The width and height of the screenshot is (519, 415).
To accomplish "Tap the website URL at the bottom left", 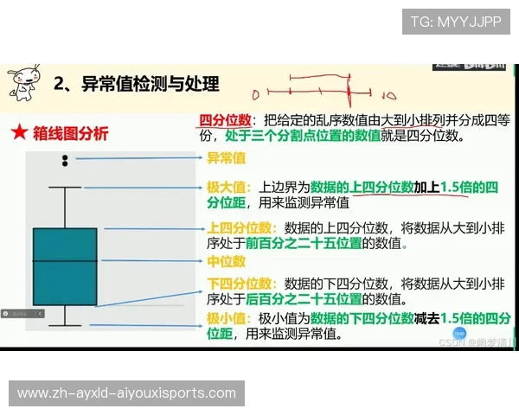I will click(x=126, y=393).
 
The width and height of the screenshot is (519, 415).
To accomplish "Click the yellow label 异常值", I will click(x=226, y=158).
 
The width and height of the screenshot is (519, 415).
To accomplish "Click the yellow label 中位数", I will click(x=226, y=260).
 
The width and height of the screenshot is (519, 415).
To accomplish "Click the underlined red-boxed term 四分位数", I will click(x=225, y=120).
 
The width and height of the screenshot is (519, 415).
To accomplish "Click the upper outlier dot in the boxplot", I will click(x=65, y=156).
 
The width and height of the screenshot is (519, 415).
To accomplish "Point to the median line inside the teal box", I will click(x=65, y=259).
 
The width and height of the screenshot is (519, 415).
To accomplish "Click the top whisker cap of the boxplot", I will click(x=65, y=187).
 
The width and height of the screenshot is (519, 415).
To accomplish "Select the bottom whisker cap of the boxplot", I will click(x=65, y=325).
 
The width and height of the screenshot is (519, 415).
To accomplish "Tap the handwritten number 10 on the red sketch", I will click(x=388, y=95).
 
